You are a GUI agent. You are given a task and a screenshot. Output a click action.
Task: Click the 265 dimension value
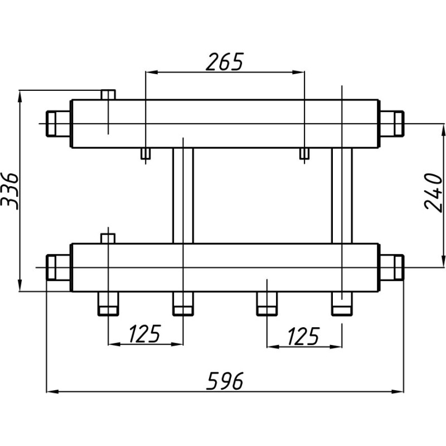[225, 62]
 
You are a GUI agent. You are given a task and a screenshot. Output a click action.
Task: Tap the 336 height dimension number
[9, 191]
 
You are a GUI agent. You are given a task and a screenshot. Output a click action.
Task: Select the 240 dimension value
[434, 193]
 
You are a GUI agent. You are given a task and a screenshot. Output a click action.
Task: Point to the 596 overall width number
[225, 381]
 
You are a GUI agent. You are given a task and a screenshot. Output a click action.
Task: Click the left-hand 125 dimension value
[145, 333]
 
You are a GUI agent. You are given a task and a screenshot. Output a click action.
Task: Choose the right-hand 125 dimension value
[303, 336]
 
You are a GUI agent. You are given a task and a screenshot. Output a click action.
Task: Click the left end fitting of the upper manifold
[59, 124]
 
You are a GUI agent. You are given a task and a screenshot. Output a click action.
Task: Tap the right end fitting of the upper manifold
[392, 123]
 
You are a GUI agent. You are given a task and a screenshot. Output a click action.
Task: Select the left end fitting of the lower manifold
[59, 268]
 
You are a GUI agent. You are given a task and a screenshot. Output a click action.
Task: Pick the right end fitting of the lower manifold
[392, 268]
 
